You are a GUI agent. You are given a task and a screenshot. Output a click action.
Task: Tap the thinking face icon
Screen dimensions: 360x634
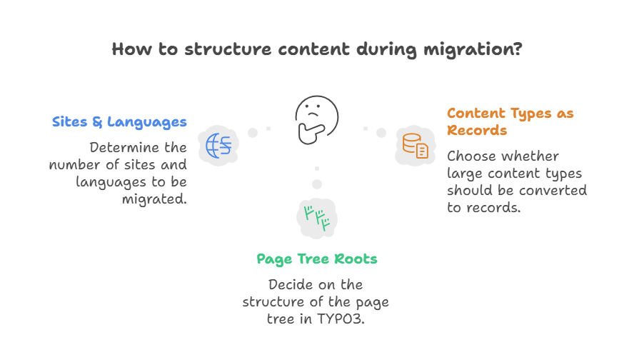click(x=317, y=117)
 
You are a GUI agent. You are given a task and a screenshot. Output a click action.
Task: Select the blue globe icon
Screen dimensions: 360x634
click(x=218, y=145)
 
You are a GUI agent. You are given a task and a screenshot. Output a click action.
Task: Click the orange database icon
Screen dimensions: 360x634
click(x=415, y=145)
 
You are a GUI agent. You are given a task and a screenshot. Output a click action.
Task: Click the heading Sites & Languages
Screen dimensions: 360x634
click(x=119, y=121)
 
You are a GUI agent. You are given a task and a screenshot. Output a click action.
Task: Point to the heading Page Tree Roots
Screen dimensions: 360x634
click(x=316, y=259)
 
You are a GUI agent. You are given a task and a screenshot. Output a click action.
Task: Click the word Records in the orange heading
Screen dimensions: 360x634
click(x=477, y=130)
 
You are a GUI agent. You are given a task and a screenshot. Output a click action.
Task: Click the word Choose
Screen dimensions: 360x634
click(x=472, y=156)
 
